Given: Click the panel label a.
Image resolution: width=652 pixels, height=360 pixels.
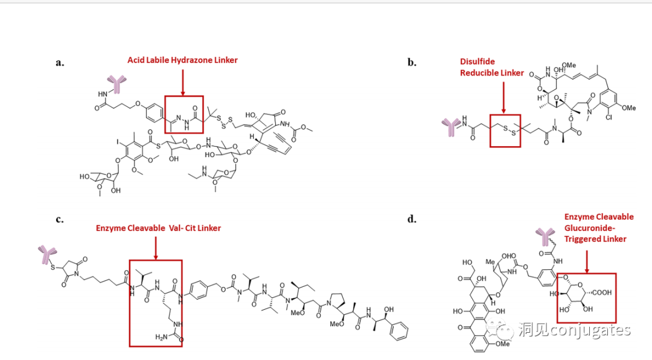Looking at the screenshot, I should pos(60,62).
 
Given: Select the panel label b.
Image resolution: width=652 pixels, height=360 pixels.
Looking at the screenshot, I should pos(412,62).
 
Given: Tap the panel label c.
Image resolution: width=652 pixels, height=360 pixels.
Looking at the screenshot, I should pos(60,219).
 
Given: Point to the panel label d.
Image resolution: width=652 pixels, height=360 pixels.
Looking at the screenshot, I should pos(412,219).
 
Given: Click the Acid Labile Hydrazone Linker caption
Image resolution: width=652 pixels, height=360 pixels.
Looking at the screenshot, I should pos(182,60).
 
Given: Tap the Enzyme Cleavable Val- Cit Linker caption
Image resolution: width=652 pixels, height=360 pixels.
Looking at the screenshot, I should pos(158,228).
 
